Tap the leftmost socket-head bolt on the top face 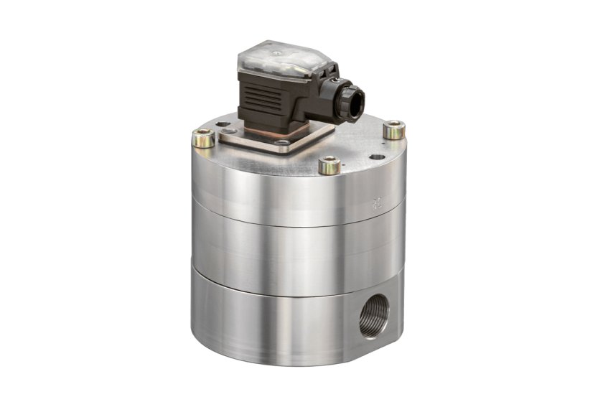click(x=203, y=136)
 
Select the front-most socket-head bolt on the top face click(x=329, y=165)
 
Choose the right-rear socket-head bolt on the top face click(x=393, y=130)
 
